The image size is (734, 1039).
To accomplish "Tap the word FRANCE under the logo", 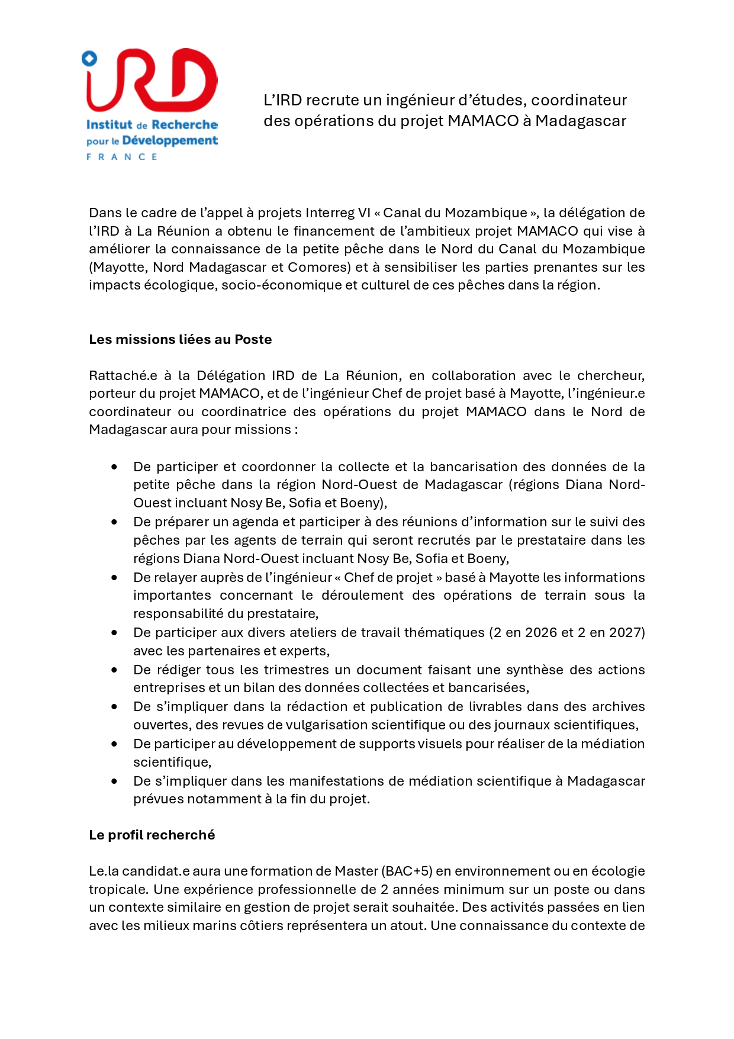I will [122, 157].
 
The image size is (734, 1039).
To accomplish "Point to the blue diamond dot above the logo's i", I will [89, 58].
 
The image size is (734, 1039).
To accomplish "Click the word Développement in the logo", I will [170, 141].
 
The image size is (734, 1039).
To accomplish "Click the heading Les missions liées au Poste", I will [181, 339].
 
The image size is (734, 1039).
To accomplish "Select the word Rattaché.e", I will [123, 375].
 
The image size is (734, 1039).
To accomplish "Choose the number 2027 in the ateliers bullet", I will [625, 632].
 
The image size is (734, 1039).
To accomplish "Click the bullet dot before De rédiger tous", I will [114, 670].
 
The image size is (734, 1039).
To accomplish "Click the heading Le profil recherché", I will [152, 835].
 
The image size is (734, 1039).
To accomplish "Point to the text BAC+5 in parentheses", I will [408, 871].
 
